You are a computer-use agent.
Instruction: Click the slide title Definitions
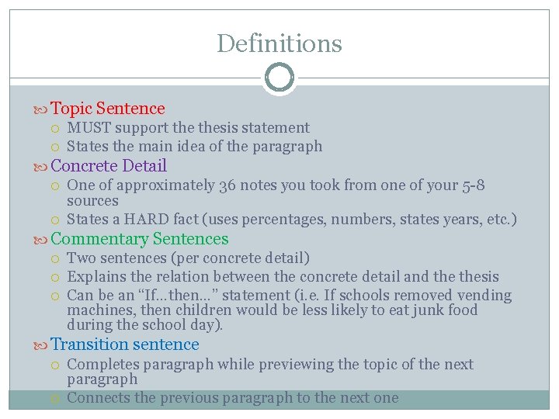[x=279, y=43]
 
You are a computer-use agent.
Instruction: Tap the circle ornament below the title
[x=279, y=78]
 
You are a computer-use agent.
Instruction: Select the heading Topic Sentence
[x=108, y=109]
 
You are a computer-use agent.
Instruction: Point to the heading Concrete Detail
[x=109, y=166]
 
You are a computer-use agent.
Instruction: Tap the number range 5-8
[x=472, y=185]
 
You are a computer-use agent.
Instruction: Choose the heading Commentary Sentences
[x=140, y=239]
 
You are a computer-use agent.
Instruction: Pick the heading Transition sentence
[x=125, y=345]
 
